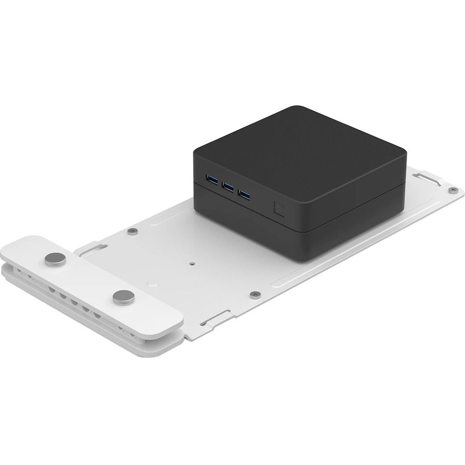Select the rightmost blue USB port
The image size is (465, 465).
245,195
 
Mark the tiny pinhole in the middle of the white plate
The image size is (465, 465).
192,262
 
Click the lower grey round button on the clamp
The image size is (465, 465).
122,296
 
